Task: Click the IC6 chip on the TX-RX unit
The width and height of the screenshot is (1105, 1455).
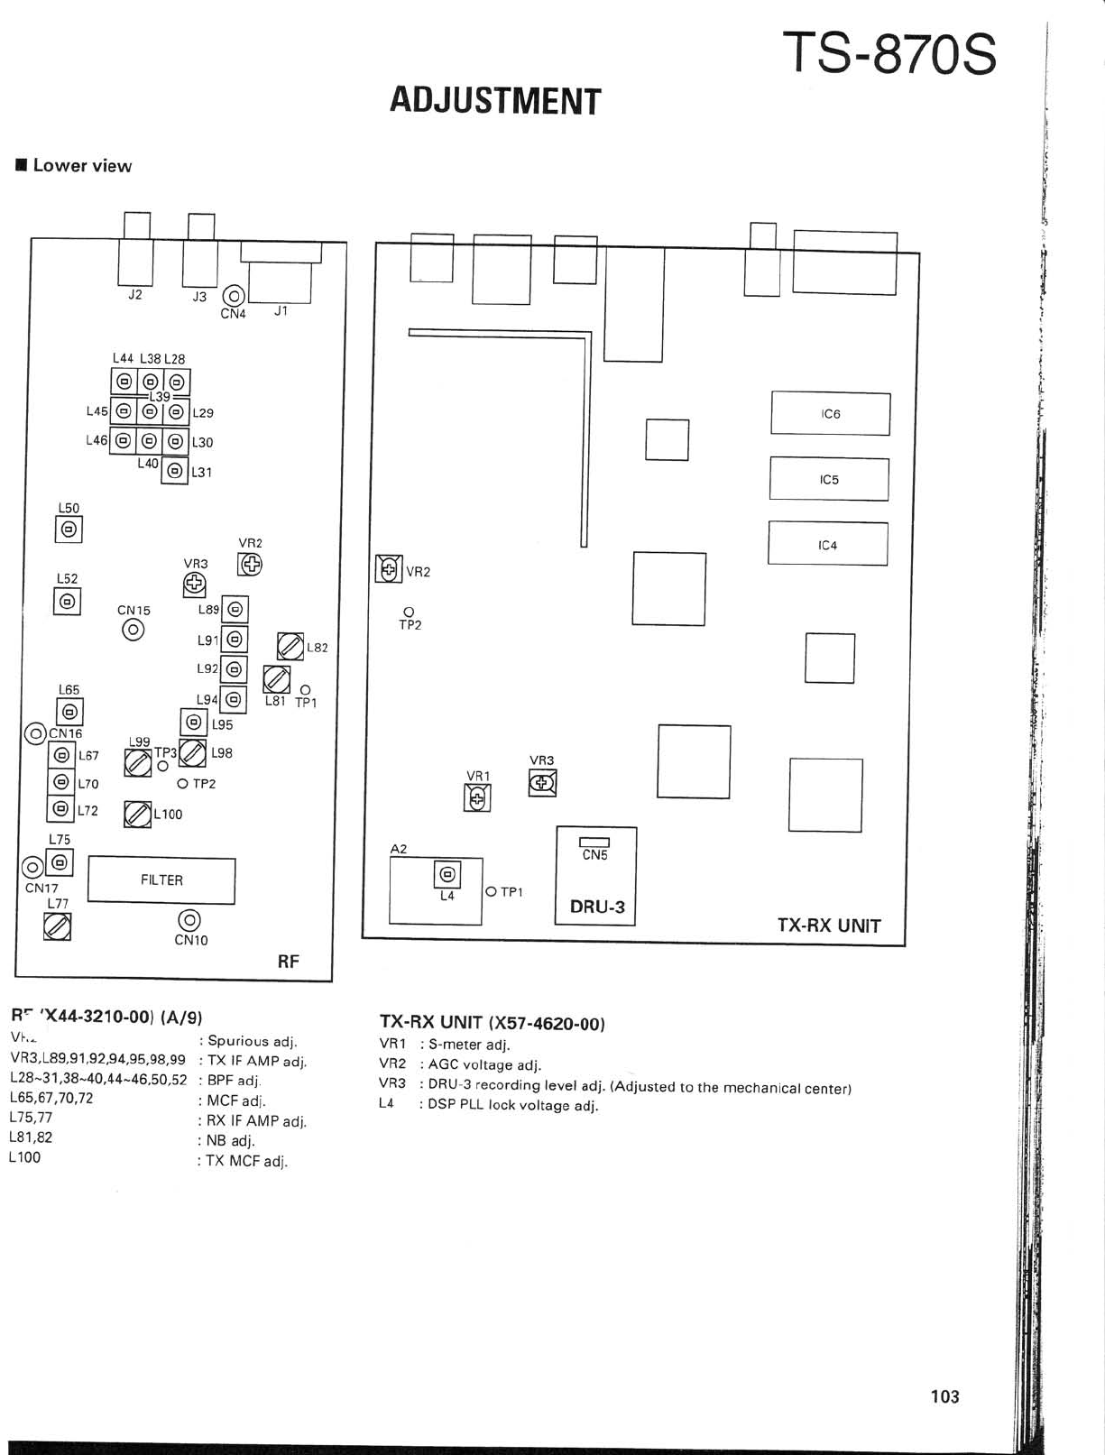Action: click(x=830, y=414)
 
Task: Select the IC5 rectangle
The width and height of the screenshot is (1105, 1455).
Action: click(x=828, y=479)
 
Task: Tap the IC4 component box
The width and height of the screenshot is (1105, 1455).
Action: click(x=827, y=545)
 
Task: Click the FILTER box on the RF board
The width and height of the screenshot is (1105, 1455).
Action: click(x=161, y=880)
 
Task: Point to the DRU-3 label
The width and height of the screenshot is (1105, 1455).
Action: click(x=597, y=907)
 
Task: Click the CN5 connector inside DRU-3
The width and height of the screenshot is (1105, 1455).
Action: click(x=595, y=843)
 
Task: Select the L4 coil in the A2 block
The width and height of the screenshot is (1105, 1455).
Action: click(x=447, y=874)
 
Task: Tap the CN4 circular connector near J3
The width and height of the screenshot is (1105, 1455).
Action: click(x=234, y=295)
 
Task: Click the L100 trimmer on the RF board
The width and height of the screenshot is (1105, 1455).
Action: click(x=137, y=814)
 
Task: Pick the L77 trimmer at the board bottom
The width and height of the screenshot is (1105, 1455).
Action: click(x=58, y=926)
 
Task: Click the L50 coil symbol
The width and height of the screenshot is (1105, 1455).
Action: click(x=69, y=530)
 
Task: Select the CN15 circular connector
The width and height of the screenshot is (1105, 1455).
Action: click(x=133, y=630)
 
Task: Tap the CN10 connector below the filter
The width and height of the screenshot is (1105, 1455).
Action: click(x=189, y=920)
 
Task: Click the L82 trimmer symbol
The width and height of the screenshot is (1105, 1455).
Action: click(x=290, y=646)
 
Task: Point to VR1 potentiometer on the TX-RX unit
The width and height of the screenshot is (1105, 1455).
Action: click(x=477, y=797)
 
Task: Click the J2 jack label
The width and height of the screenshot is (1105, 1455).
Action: click(x=134, y=294)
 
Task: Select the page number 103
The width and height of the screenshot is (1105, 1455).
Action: click(x=944, y=1396)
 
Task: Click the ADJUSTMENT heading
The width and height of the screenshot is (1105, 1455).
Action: click(x=494, y=101)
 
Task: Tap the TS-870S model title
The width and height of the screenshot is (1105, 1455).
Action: click(x=889, y=54)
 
